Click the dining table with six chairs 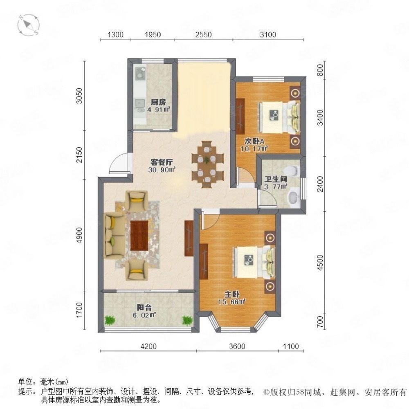coord(208,162)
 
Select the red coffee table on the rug coord(140,235)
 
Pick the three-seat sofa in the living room coord(111,236)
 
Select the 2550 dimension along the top coord(203,35)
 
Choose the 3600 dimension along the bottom coord(237,347)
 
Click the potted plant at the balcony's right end coord(187,320)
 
